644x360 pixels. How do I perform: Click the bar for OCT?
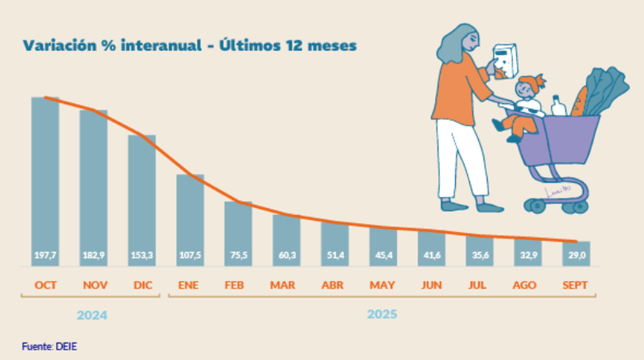[46, 180]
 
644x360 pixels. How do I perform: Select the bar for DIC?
[142, 200]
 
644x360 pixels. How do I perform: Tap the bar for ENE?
[190, 219]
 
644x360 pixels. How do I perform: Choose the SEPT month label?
[574, 285]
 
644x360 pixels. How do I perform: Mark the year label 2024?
[91, 316]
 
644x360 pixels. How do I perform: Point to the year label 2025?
[382, 314]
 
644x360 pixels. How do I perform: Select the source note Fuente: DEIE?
[50, 346]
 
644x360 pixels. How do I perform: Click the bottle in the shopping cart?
[558, 106]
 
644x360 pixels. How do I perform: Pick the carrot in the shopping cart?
[578, 103]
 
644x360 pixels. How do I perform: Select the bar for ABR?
[335, 242]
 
